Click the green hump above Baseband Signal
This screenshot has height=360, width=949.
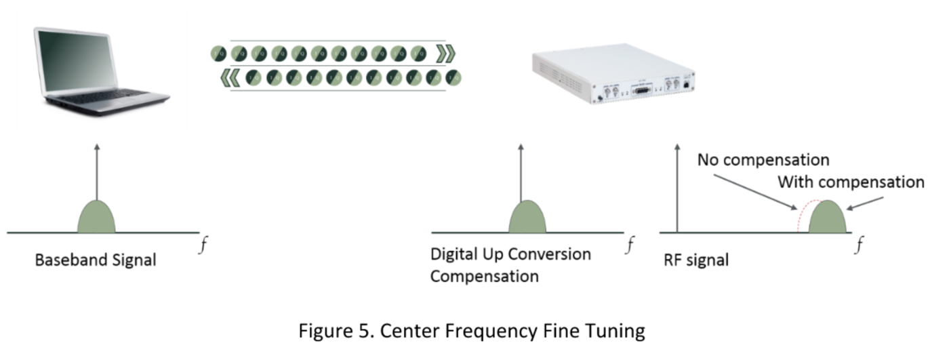pyautogui.click(x=97, y=217)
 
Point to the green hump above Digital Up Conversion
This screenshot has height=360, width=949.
pyautogui.click(x=528, y=217)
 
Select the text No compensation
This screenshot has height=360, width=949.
pyautogui.click(x=763, y=161)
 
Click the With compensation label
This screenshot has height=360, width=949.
pyautogui.click(x=851, y=182)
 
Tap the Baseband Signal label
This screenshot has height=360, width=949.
pyautogui.click(x=96, y=260)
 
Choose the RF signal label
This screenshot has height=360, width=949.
pyautogui.click(x=695, y=260)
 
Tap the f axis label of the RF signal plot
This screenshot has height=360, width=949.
pyautogui.click(x=859, y=245)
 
